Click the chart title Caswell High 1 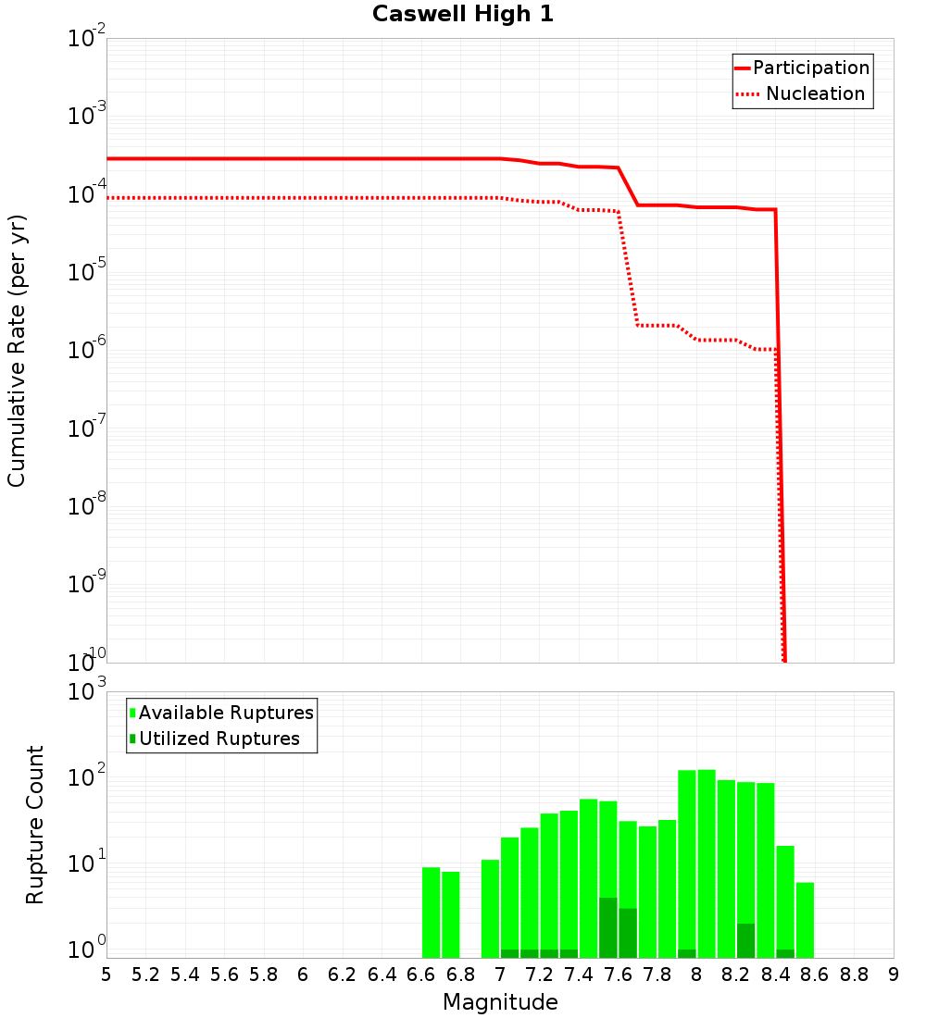(x=462, y=15)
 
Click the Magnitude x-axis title (x=500, y=1002)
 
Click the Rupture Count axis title (x=35, y=824)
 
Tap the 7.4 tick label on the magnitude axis (x=579, y=975)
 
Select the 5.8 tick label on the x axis (x=264, y=975)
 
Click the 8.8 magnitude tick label (x=854, y=975)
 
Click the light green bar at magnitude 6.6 (x=431, y=912)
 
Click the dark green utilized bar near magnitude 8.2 (x=745, y=940)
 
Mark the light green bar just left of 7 (x=490, y=908)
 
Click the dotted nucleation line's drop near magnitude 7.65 (x=628, y=268)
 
